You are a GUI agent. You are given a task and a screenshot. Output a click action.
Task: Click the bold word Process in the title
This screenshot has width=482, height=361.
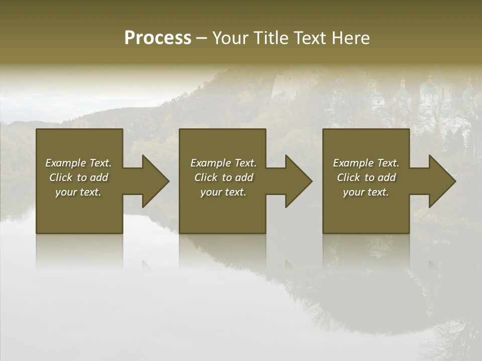tap(158, 38)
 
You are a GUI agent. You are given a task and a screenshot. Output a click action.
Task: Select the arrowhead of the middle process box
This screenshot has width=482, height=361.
tap(298, 181)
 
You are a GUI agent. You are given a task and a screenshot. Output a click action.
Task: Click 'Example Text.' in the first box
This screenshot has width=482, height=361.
tap(79, 163)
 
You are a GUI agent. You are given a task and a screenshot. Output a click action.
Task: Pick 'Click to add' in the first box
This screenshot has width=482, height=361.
tap(79, 177)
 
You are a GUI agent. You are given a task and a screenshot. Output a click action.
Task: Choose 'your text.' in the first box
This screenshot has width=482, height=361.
tap(79, 192)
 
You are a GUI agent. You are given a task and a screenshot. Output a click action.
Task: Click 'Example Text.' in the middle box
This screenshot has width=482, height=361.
tap(223, 163)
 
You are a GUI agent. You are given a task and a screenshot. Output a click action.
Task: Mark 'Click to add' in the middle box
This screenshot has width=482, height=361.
tap(223, 177)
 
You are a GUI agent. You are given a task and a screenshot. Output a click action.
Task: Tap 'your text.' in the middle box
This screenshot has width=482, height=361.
tap(223, 192)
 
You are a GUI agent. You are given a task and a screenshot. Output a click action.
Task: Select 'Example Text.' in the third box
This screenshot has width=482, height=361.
tap(366, 163)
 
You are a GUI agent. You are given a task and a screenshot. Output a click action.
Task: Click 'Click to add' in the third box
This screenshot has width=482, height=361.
tap(366, 177)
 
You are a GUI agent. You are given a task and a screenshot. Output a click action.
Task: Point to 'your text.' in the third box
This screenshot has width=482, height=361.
tap(366, 192)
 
